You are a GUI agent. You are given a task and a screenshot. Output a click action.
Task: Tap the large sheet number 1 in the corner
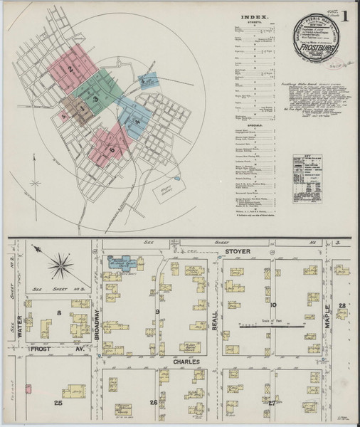(345, 16)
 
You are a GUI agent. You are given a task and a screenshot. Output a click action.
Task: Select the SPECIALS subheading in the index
(254, 120)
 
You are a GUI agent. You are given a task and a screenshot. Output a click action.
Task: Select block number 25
(59, 404)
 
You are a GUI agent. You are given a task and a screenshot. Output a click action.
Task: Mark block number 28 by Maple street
(342, 305)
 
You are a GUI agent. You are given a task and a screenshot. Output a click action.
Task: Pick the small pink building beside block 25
(28, 389)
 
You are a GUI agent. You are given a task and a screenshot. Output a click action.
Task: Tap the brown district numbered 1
(83, 109)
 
